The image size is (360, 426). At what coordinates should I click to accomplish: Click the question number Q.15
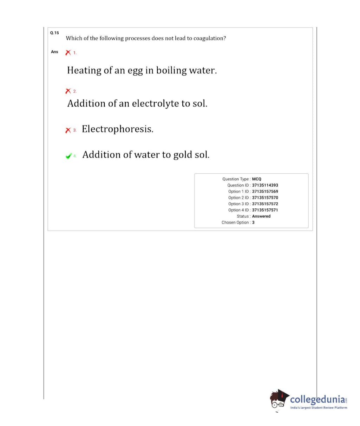click(54, 33)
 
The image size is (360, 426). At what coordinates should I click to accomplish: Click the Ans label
click(54, 52)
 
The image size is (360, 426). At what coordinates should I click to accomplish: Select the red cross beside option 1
click(68, 52)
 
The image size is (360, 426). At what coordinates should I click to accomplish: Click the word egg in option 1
click(135, 71)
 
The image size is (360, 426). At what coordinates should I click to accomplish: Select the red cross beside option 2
click(68, 91)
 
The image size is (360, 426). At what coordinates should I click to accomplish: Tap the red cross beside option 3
click(68, 130)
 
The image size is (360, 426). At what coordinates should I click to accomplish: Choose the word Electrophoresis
click(117, 129)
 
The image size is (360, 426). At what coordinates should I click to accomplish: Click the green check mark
click(69, 156)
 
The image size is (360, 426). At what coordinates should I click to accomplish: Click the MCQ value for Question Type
click(256, 179)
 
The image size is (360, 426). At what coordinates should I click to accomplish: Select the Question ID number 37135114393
click(265, 185)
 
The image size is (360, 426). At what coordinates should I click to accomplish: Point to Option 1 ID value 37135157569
click(265, 192)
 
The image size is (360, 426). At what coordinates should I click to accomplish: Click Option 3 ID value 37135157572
click(265, 204)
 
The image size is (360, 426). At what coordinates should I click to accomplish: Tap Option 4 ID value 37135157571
click(265, 210)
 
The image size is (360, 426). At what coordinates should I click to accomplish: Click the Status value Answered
click(261, 216)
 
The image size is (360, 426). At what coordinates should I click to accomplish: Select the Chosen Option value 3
click(253, 222)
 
